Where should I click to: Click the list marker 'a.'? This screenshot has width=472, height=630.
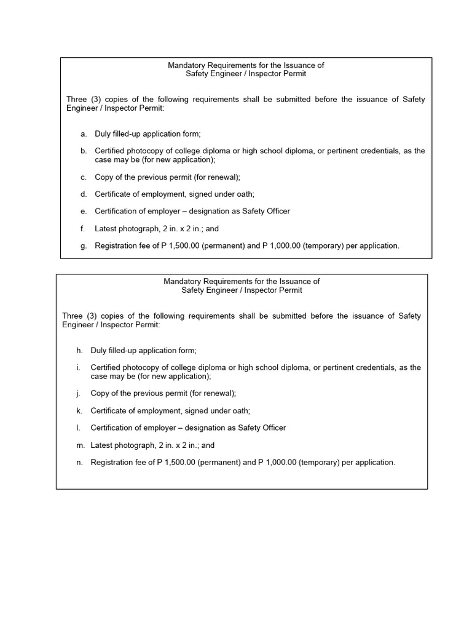click(83, 134)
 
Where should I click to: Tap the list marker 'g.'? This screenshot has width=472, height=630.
click(83, 245)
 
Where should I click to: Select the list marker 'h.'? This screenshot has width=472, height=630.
click(79, 350)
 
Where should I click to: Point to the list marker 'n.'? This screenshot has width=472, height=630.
click(79, 462)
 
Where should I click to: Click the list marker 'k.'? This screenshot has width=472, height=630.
click(79, 410)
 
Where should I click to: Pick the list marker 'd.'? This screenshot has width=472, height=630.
click(83, 194)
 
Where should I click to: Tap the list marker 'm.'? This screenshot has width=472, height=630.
click(80, 445)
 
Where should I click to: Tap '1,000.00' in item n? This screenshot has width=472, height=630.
click(281, 462)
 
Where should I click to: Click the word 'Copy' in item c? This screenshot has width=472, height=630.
click(104, 177)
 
